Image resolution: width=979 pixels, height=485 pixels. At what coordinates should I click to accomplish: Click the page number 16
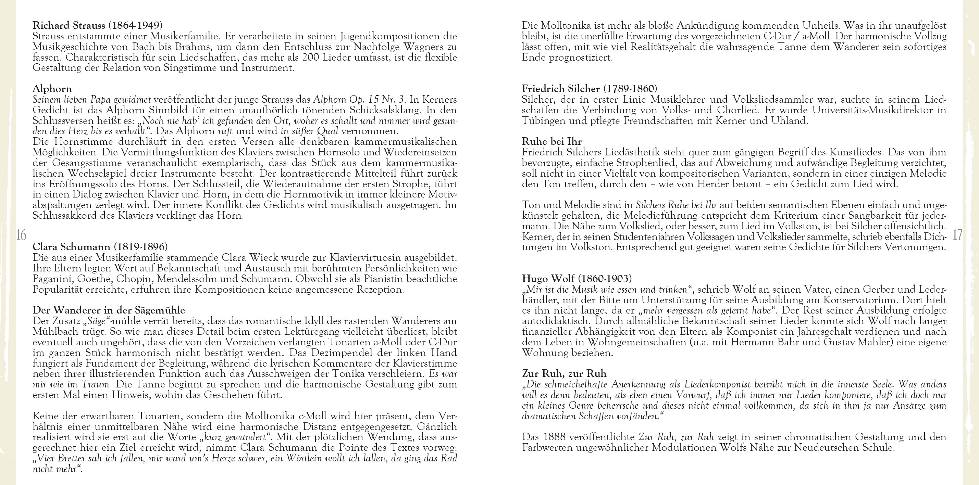[x=21, y=235]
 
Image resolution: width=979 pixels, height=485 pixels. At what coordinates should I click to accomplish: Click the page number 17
[x=957, y=235]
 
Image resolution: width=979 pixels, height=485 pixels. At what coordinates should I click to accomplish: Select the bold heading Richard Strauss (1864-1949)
[x=97, y=25]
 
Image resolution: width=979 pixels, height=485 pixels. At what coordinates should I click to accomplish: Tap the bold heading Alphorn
[x=52, y=89]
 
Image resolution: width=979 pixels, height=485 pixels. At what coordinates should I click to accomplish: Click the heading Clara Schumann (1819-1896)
[x=100, y=247]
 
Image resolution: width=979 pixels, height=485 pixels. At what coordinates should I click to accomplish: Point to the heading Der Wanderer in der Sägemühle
[x=109, y=310]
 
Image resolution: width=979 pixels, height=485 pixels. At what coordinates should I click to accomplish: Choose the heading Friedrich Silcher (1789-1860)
[x=590, y=89]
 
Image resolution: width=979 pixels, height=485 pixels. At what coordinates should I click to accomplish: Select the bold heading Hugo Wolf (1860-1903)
[x=577, y=278]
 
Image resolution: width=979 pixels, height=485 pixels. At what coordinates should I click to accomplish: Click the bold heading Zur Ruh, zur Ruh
[x=564, y=373]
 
